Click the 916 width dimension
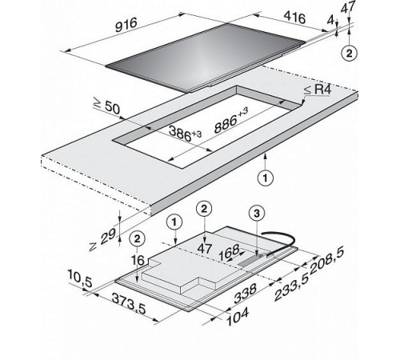point(126,25)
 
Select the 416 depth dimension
point(294,18)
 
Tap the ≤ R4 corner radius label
point(318,90)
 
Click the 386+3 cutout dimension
point(185,134)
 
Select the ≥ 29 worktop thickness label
point(102,239)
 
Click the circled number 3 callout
point(257,213)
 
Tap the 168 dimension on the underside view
point(229,253)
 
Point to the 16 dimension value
point(138,260)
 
